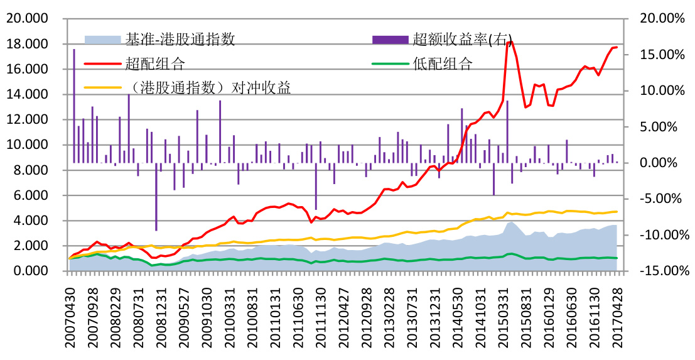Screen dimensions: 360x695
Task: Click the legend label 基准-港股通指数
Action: pyautogui.click(x=180, y=40)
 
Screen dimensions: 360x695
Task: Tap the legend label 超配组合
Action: pyautogui.click(x=154, y=63)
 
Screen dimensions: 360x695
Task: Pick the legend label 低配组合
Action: pyautogui.click(x=442, y=63)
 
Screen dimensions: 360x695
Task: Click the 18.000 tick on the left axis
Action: pyautogui.click(x=30, y=44)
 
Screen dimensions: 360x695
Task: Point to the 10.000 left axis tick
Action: pyautogui.click(x=30, y=145)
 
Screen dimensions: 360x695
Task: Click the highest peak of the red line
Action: pyautogui.click(x=510, y=42)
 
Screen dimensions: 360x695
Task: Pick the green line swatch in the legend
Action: pyautogui.click(x=390, y=63)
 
